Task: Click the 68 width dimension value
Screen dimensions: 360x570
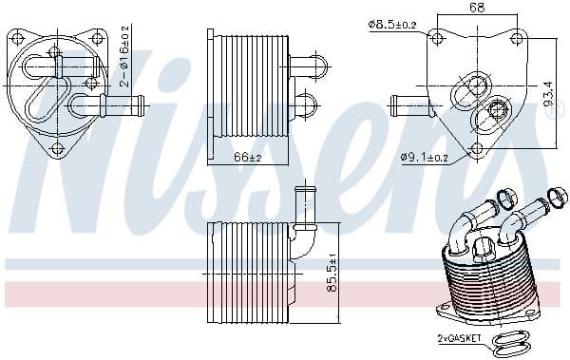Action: point(477,8)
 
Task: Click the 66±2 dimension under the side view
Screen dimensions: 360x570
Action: point(248,157)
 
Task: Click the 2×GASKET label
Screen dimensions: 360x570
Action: point(460,337)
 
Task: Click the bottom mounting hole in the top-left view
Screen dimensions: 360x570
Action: point(56,147)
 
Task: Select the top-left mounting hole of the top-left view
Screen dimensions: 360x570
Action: point(17,40)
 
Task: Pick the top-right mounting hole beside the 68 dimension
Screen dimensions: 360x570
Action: point(516,39)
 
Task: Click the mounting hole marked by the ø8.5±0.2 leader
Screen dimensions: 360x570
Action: point(437,39)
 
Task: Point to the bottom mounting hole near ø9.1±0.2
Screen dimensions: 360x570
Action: point(475,147)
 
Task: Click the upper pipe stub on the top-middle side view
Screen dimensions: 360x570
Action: point(307,66)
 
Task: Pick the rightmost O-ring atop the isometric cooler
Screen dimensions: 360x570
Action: point(559,198)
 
